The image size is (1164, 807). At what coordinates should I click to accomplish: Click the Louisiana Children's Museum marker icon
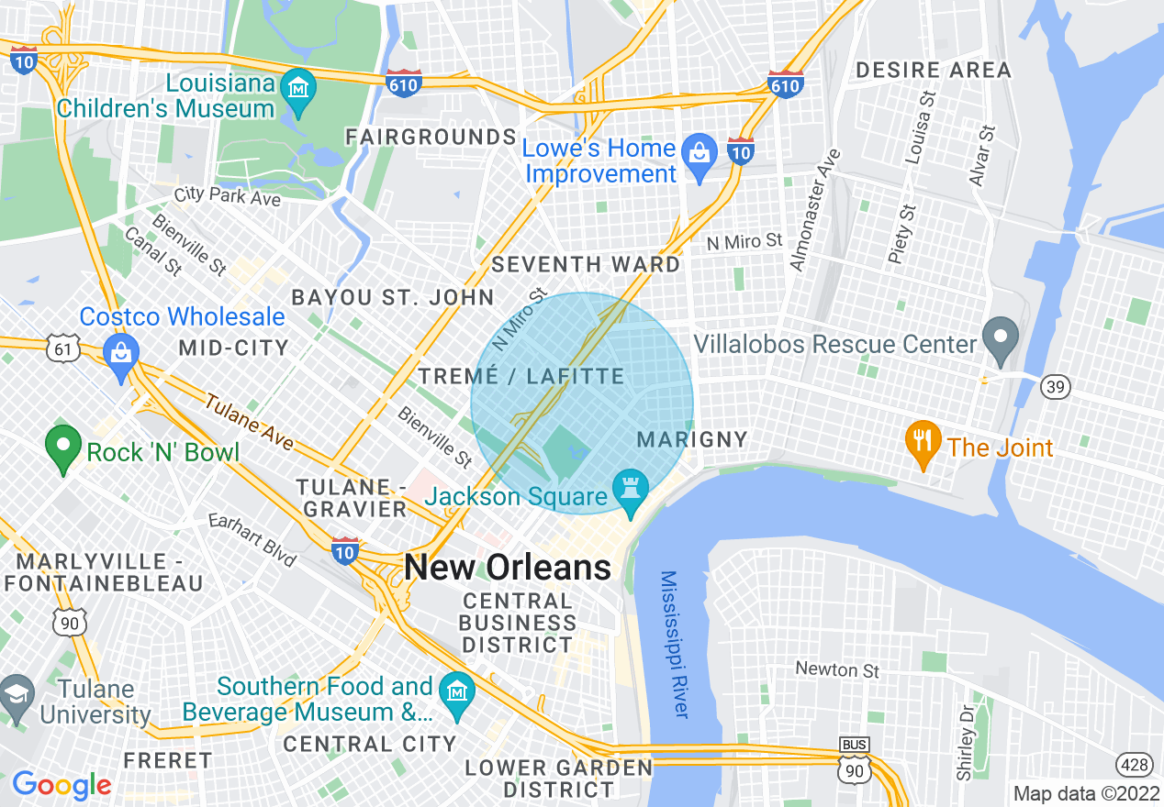[298, 88]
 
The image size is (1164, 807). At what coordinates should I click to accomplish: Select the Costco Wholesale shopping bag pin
[120, 351]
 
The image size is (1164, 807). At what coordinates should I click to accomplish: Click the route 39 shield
[1056, 387]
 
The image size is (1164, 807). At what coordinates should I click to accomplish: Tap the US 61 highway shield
[62, 348]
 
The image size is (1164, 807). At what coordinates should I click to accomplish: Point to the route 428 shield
[1135, 764]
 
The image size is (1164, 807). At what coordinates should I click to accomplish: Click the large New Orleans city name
[508, 568]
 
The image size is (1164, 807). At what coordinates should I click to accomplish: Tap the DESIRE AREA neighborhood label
[933, 70]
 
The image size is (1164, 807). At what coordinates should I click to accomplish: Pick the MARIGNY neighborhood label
[693, 439]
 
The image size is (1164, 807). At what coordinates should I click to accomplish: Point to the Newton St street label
[838, 670]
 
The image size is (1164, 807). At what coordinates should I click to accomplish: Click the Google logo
[62, 785]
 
